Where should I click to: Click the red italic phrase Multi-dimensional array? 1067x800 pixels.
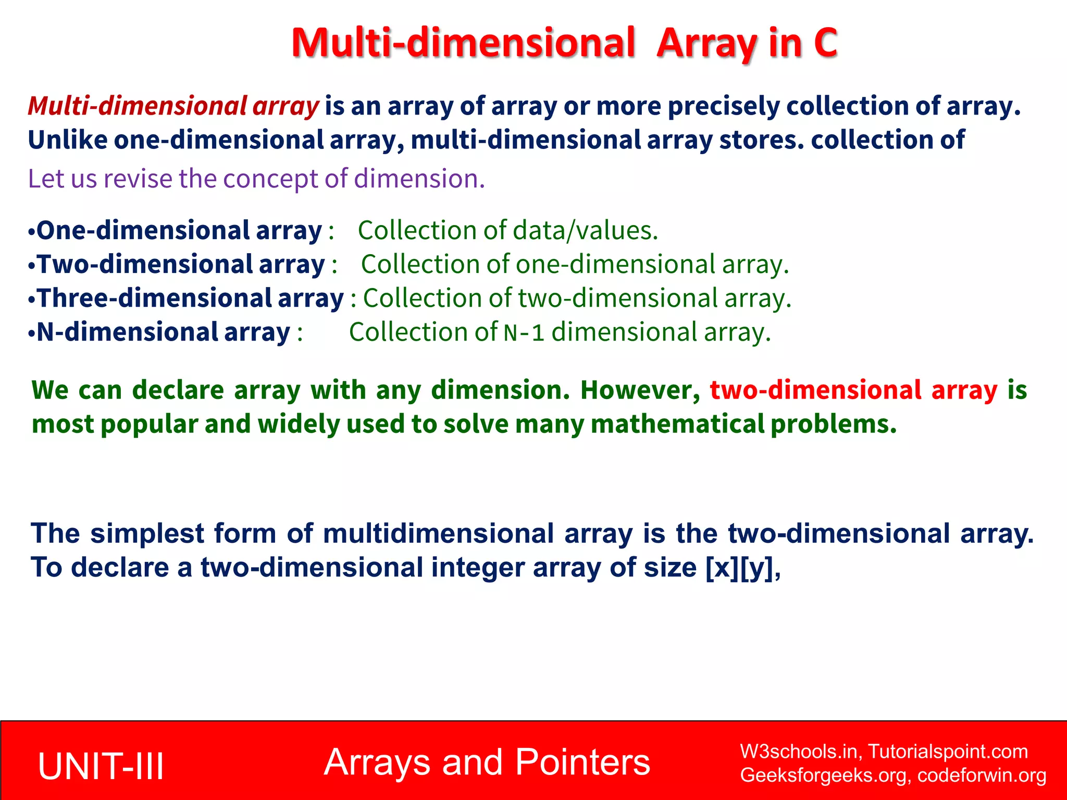point(173,106)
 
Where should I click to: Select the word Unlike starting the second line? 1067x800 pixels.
point(67,140)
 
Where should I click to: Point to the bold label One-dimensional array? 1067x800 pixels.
point(179,230)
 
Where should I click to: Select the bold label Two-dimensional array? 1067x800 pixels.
point(181,264)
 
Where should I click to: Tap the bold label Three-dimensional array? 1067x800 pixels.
point(190,298)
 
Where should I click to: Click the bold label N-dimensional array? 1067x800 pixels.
point(163,332)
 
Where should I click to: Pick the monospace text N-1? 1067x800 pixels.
point(524,333)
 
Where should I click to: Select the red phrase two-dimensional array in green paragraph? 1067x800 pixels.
point(853,390)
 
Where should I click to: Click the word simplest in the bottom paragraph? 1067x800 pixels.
point(147,533)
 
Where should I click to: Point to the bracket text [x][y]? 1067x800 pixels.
point(743,567)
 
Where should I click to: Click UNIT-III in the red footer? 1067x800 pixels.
point(101,766)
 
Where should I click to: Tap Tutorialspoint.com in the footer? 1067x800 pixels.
point(948,752)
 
